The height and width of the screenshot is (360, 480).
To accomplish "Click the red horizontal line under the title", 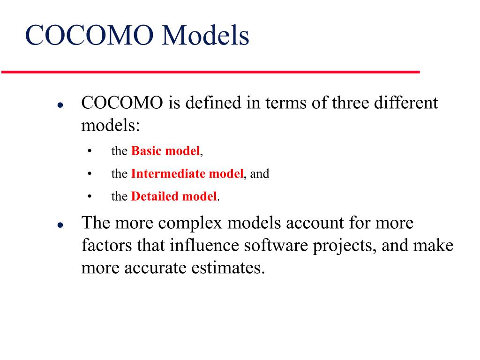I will pos(210,72).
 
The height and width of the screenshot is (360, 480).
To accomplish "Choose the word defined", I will pos(213,103).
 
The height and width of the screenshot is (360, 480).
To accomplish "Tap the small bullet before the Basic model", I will pos(89,151).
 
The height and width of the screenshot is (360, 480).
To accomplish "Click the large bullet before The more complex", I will pos(60,225).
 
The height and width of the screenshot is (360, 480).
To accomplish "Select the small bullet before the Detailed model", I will pos(89,196).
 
